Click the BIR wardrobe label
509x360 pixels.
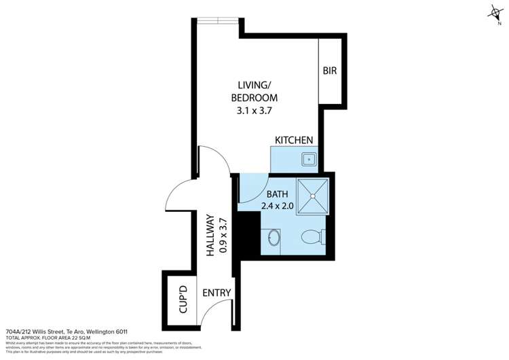point(330,70)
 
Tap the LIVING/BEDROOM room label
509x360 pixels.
point(257,91)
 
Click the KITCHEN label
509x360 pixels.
point(294,140)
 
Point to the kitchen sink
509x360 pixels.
point(309,159)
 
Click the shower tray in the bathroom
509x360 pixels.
point(312,196)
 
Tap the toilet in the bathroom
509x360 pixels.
point(313,238)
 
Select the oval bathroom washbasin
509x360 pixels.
point(274,239)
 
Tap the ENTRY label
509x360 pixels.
point(217,293)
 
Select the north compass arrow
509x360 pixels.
point(494,12)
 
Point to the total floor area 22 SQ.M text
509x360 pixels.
point(51,339)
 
